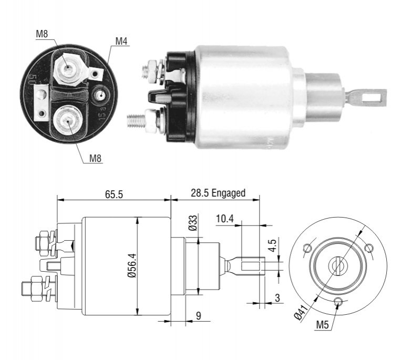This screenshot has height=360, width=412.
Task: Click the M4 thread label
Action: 121,41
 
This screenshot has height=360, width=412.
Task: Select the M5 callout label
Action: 323,325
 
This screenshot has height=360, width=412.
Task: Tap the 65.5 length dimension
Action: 114,194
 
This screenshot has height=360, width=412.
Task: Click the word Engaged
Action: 228,193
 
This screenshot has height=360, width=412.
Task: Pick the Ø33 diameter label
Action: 193,223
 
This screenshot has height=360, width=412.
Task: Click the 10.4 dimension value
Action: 225,219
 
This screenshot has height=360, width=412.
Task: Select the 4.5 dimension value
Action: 273,245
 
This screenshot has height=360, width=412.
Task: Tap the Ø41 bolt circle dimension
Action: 300,312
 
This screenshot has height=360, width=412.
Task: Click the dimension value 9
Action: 199,316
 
